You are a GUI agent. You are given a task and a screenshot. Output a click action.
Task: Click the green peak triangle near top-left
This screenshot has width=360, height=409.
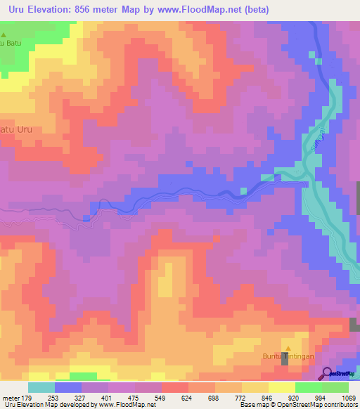(x=4, y=34)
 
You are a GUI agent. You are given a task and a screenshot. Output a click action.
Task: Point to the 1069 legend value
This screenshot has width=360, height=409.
(x=349, y=397)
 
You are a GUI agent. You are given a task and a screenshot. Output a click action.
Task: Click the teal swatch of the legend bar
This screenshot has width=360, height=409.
(x=41, y=387)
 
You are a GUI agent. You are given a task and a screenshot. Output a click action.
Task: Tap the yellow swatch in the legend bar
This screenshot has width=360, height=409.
(x=282, y=387)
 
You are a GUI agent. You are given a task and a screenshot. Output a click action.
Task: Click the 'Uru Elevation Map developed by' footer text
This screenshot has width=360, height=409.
(x=50, y=405)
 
